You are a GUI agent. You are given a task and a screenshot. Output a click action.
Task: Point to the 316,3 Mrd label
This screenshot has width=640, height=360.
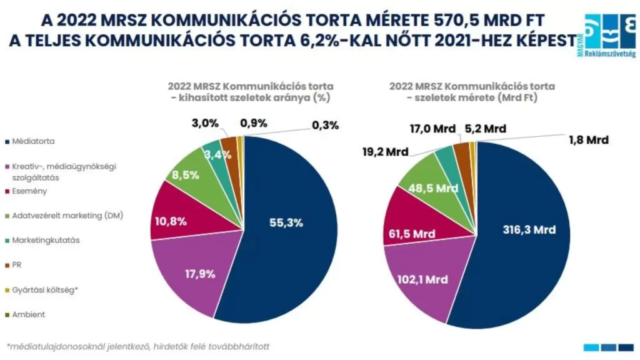[529, 229]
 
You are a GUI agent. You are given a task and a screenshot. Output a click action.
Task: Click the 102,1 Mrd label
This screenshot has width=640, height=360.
[422, 279]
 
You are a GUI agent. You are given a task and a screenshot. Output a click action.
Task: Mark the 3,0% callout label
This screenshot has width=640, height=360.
[204, 123]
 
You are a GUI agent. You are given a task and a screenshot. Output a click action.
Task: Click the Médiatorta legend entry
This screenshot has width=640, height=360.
[32, 142]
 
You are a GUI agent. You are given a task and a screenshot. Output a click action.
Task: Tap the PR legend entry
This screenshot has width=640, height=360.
[17, 265]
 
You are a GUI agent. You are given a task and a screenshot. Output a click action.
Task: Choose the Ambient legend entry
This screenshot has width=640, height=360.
[28, 314]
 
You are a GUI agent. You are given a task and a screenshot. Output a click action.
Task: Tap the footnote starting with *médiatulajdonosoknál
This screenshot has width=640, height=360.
[139, 346]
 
